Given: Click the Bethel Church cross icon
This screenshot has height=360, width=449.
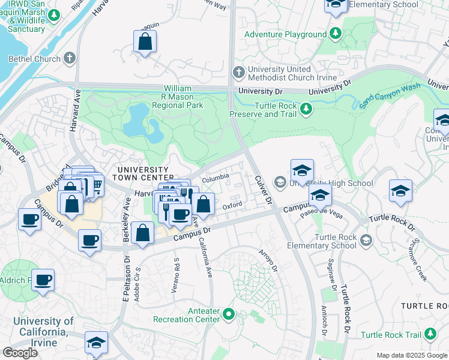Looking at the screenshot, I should point(70,59).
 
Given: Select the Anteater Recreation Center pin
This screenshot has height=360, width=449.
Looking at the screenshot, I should point(228,314).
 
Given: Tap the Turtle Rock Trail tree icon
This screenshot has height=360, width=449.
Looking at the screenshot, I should point(430,334).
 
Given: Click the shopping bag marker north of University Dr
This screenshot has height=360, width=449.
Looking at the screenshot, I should point(145,42).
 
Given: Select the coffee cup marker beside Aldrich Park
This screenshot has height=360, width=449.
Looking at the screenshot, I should point(43,280).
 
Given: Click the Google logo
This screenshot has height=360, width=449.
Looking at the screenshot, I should point(20,353).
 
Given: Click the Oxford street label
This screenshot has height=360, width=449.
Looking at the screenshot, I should point(232,206).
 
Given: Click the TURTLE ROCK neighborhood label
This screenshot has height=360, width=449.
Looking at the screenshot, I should point(424,306).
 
